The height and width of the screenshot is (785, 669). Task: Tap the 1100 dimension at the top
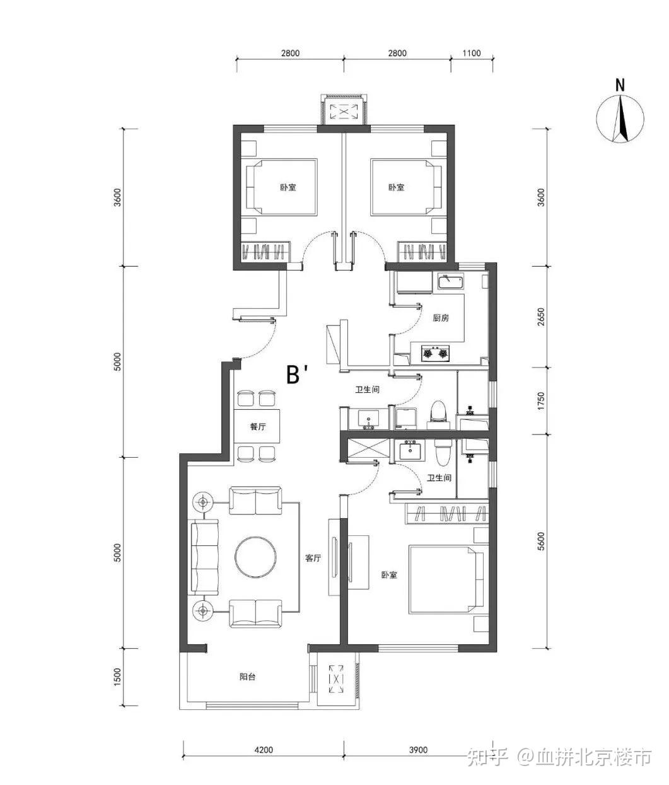[471, 53]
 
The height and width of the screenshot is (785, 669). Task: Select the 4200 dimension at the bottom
[264, 750]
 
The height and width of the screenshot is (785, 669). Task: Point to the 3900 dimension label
[418, 750]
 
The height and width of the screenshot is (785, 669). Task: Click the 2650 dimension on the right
[540, 317]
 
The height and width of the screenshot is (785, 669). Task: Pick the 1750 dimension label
[540, 401]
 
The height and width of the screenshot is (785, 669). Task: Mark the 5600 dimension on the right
[540, 542]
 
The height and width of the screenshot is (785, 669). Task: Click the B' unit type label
[296, 375]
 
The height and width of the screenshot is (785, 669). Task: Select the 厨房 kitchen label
[441, 318]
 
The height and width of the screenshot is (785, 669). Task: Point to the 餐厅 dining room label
[258, 427]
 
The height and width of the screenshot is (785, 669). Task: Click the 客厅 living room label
[313, 558]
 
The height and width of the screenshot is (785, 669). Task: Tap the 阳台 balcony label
[248, 677]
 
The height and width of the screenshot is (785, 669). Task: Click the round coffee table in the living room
[255, 557]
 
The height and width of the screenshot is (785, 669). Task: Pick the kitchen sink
[449, 282]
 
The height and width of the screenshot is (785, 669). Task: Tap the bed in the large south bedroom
[446, 579]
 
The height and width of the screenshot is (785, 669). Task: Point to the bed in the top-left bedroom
[282, 187]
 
